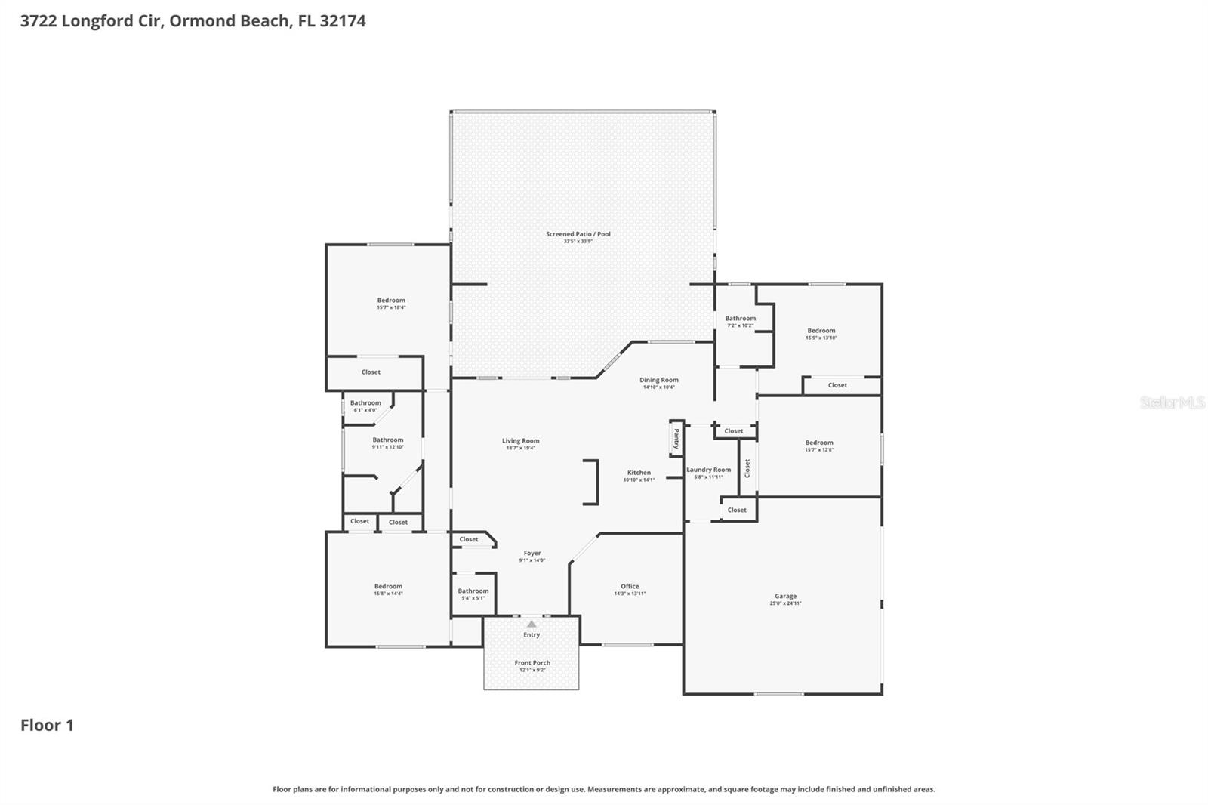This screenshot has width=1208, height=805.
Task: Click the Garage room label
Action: (x=785, y=597)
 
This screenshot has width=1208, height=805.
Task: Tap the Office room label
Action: (x=630, y=587)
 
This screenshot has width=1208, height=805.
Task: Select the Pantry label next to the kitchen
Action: (x=676, y=439)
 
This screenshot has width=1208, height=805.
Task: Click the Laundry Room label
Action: (x=708, y=470)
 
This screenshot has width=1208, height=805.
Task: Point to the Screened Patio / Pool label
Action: (x=578, y=234)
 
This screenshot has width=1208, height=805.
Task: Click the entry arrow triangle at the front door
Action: (x=532, y=624)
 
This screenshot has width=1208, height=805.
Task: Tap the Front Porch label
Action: (x=532, y=663)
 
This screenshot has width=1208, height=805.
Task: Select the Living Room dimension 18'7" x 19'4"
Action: (x=521, y=448)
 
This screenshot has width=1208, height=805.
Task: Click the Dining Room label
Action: (x=659, y=381)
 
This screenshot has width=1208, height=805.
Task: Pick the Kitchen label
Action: (x=639, y=473)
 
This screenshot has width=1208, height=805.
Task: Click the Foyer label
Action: (x=532, y=554)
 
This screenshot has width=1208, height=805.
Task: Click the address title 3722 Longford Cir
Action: (x=193, y=21)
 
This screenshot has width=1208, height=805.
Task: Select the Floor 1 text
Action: (x=47, y=726)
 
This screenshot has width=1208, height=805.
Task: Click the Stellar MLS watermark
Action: (x=1172, y=402)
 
